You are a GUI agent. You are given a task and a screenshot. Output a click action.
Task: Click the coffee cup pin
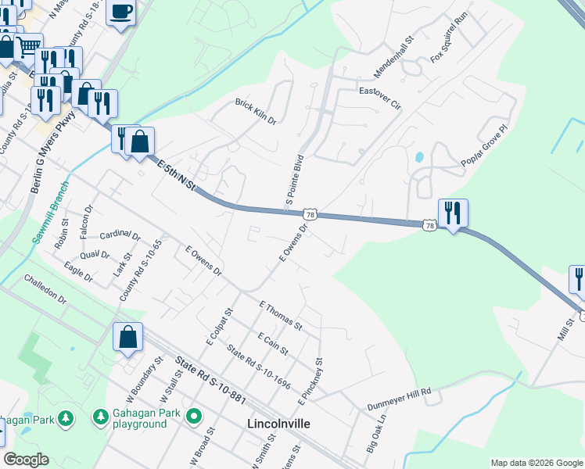point(120,13)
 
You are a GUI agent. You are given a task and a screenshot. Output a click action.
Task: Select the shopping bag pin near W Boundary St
point(128,338)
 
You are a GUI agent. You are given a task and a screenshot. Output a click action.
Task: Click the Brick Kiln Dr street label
point(256,111)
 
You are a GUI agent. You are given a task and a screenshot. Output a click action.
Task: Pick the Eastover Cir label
point(379,96)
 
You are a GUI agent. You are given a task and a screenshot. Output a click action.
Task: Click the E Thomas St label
point(280,315)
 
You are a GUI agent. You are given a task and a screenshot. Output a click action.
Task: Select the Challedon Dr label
point(45,289)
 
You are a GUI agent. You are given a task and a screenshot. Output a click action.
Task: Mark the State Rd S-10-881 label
point(210,380)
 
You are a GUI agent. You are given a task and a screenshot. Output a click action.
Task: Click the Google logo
point(26,460)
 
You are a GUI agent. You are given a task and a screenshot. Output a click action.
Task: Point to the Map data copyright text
point(536,463)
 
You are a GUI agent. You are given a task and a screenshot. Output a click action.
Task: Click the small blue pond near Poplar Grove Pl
point(418,156)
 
